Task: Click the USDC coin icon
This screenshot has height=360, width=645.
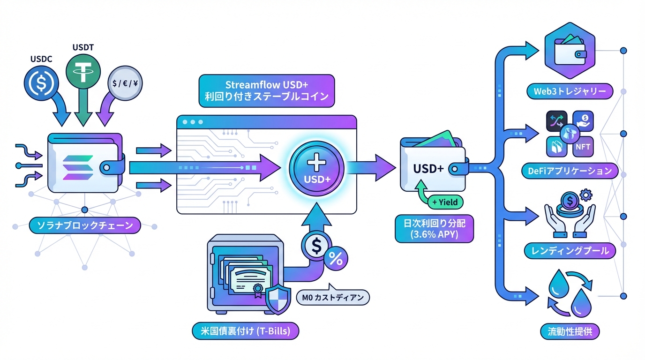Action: pyautogui.click(x=38, y=83)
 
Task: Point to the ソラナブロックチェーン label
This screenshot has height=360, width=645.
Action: pyautogui.click(x=84, y=225)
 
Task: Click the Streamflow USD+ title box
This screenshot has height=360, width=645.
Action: pyautogui.click(x=266, y=92)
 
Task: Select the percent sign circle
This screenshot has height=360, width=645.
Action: pyautogui.click(x=336, y=258)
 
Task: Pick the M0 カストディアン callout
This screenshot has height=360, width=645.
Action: pyautogui.click(x=333, y=297)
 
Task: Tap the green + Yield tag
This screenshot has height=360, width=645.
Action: pyautogui.click(x=444, y=202)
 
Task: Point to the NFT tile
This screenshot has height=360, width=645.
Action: pyautogui.click(x=583, y=146)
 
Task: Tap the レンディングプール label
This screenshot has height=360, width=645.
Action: pyautogui.click(x=569, y=251)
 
